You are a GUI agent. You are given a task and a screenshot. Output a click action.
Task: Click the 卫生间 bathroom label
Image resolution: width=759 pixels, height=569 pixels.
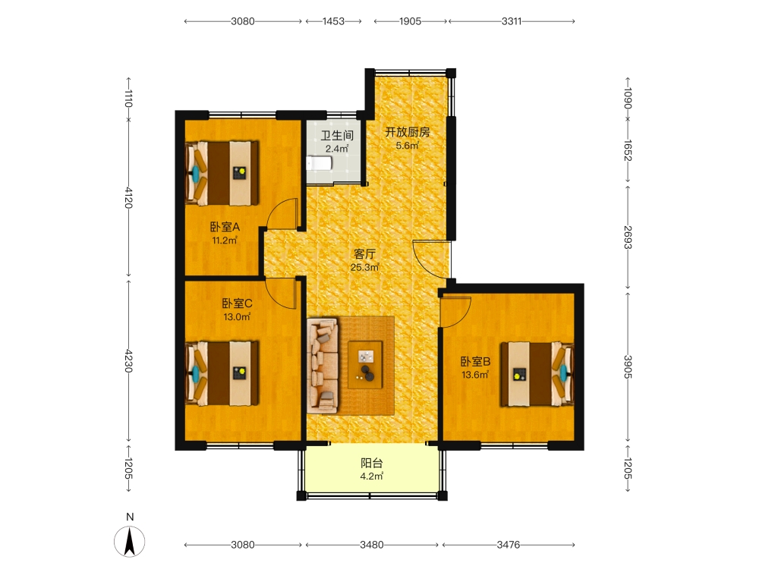point(337,136)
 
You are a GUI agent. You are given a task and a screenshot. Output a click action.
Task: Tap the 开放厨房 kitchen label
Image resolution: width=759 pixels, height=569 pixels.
point(407,132)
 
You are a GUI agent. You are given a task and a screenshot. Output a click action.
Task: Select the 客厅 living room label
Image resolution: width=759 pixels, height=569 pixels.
point(364,254)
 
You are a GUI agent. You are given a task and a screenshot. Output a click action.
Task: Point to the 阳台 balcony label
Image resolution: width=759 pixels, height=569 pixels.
point(372,463)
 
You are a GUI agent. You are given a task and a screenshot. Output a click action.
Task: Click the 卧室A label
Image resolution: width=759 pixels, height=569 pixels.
point(225,226)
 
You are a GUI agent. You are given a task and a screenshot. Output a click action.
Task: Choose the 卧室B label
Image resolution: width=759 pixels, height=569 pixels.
point(475,361)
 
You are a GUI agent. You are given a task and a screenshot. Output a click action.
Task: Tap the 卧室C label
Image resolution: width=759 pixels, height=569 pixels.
point(237,303)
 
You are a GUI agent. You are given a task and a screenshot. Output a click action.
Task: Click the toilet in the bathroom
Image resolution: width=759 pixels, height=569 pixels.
point(319,163)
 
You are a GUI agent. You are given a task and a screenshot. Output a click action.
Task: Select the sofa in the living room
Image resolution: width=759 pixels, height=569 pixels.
point(323,366)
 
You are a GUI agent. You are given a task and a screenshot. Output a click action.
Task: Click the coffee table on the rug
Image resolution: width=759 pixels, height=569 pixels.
point(365,365)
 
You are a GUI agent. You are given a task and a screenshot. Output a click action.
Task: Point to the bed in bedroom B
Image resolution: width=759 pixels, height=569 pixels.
point(537,374)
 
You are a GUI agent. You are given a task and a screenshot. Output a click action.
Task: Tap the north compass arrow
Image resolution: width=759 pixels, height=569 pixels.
point(129,542)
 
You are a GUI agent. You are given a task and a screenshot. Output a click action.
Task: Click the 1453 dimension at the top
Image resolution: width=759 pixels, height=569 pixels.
point(333,21)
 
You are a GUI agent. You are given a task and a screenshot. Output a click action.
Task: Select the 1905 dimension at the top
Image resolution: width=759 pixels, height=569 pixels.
point(410,21)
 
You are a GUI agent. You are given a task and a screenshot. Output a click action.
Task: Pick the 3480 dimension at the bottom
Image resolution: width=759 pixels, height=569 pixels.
point(372,545)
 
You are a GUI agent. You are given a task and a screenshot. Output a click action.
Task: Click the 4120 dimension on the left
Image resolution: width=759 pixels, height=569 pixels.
point(128,198)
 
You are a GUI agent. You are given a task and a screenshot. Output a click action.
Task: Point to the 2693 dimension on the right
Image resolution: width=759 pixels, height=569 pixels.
point(628,237)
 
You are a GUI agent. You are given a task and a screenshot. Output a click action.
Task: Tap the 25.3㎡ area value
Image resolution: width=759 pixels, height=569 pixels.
point(364,267)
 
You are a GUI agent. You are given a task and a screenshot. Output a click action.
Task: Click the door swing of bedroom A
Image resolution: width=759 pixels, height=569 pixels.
point(282,213)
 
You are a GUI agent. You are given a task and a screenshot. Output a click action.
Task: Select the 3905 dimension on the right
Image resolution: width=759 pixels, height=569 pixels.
point(628,367)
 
